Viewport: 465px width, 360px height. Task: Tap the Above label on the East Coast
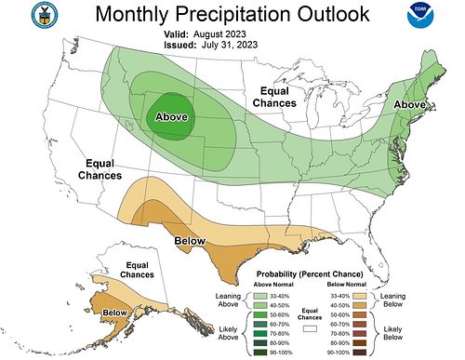pos(409,104)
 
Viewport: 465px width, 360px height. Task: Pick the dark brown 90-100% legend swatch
pos(363,352)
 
